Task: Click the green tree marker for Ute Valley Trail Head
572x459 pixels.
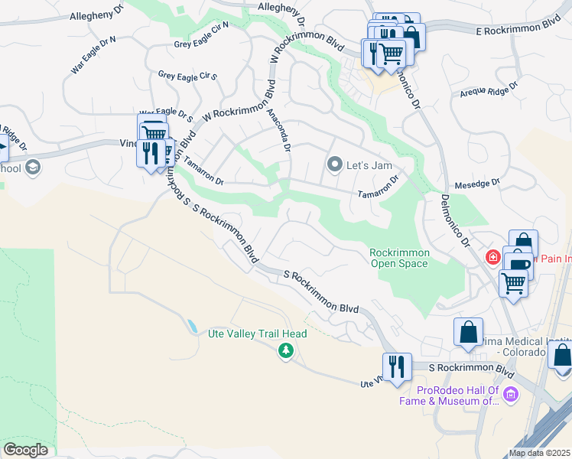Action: (x=286, y=350)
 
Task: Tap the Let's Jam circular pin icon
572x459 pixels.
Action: (x=334, y=164)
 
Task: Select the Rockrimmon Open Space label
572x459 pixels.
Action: (x=399, y=258)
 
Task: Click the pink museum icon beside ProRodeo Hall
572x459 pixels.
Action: (x=511, y=395)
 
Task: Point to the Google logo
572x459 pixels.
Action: (x=26, y=450)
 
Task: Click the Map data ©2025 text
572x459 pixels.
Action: (x=540, y=453)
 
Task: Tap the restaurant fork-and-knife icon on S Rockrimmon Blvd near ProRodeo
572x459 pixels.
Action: (x=397, y=366)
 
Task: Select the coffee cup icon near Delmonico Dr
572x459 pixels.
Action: (x=518, y=265)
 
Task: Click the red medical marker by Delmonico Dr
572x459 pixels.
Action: (x=494, y=256)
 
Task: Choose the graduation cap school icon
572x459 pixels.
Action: (x=32, y=168)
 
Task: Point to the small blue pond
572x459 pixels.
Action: (x=190, y=326)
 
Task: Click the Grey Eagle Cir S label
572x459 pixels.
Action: (x=188, y=76)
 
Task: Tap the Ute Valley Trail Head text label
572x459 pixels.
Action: (x=258, y=334)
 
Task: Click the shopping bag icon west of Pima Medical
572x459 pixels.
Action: (x=468, y=332)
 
